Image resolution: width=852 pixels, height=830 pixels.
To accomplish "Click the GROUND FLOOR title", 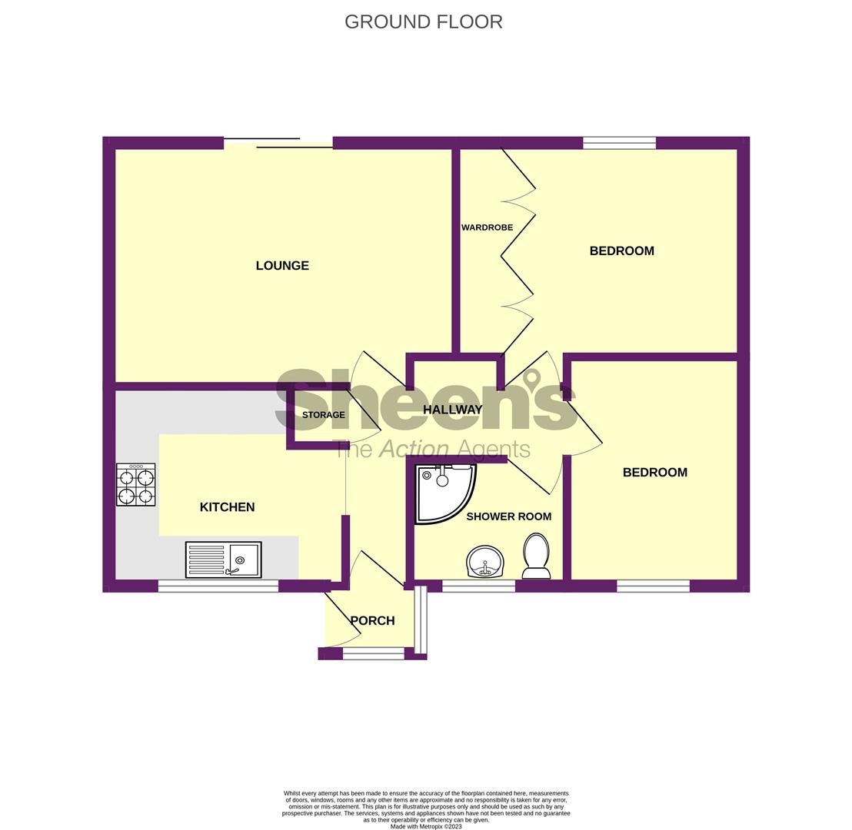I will [x=423, y=22].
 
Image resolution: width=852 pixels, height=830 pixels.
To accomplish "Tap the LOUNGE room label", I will [x=282, y=266].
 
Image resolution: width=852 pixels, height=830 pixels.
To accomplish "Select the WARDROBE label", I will [x=487, y=227].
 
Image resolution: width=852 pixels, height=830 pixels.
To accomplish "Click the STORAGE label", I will [x=323, y=415].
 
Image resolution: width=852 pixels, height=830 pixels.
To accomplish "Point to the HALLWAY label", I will [x=452, y=410].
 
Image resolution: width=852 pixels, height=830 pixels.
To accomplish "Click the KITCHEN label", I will [x=227, y=507].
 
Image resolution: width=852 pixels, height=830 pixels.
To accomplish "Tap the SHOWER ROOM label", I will [x=508, y=516].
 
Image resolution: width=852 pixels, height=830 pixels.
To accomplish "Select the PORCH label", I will [x=372, y=621].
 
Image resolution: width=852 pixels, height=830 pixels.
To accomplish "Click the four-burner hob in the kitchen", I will [x=136, y=485].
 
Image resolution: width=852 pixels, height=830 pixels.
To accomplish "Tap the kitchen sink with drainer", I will [x=223, y=559].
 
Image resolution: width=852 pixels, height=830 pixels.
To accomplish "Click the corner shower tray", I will [x=442, y=492].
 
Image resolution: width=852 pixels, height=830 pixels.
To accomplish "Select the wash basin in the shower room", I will [x=484, y=561].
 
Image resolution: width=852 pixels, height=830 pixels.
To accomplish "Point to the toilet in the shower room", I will [x=536, y=556].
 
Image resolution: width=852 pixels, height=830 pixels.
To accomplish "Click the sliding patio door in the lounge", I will [x=278, y=143].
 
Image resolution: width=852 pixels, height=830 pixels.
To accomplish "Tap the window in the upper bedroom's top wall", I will [x=619, y=143].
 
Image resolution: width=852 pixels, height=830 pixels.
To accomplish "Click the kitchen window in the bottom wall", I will [x=218, y=586].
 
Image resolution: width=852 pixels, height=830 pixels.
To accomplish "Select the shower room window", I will [x=478, y=586].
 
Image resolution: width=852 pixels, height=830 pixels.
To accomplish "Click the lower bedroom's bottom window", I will [x=653, y=586].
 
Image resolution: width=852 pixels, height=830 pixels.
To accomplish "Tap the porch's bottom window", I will [x=373, y=654].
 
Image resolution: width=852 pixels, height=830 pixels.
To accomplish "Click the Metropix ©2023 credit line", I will [x=426, y=827].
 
